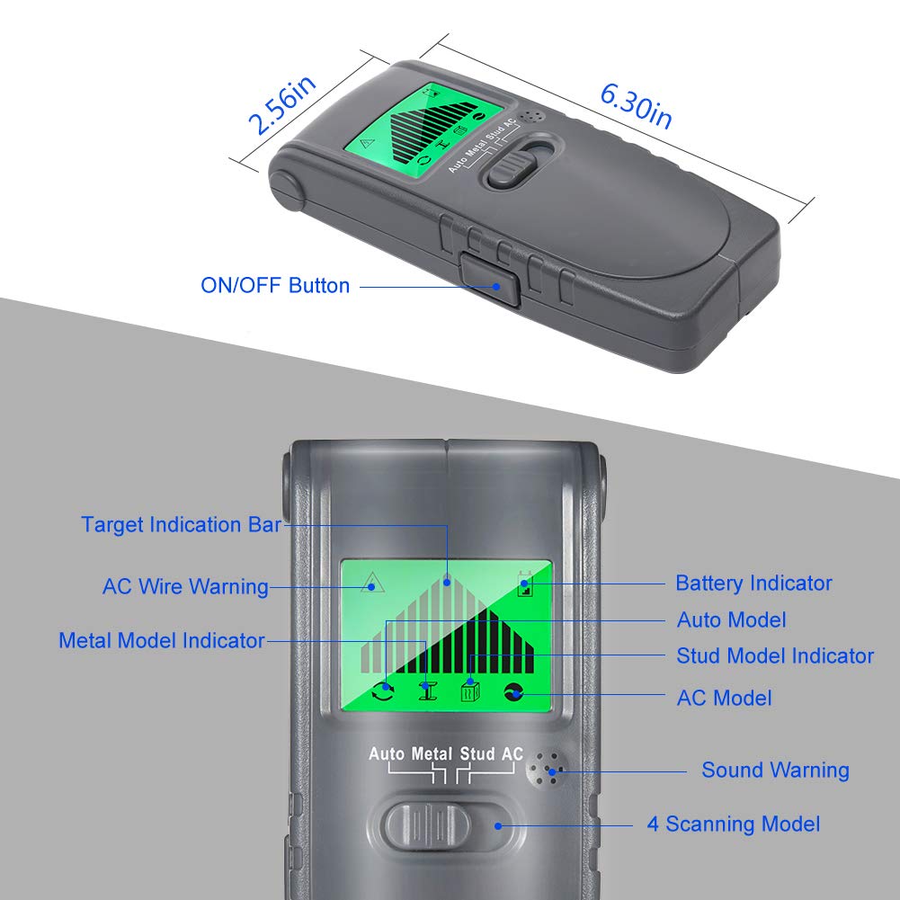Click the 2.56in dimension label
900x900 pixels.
tap(281, 105)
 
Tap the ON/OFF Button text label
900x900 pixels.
tap(275, 286)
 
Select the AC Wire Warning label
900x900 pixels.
tap(185, 587)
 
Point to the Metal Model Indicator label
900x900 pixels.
tap(162, 640)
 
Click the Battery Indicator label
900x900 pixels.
tap(753, 583)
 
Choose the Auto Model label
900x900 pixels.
tap(731, 619)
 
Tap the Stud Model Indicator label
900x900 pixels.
tap(775, 656)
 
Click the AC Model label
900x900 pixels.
tap(724, 697)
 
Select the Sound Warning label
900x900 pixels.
tap(775, 771)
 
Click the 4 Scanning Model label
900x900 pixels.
tap(734, 824)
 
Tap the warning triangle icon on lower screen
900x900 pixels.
tap(367, 584)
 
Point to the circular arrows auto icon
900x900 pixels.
tap(384, 691)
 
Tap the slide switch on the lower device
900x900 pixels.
tap(428, 824)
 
